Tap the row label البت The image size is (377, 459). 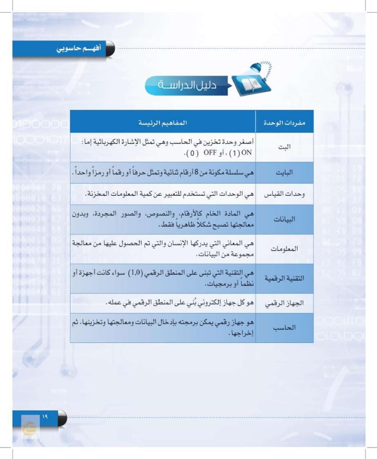[284, 147]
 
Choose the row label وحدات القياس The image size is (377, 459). [284, 194]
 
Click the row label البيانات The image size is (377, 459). [284, 219]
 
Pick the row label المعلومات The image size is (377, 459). [284, 249]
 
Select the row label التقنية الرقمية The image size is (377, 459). [284, 278]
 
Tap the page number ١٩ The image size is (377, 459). [45, 416]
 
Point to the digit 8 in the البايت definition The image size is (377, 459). [192, 173]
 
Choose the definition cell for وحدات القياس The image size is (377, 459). [163, 194]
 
